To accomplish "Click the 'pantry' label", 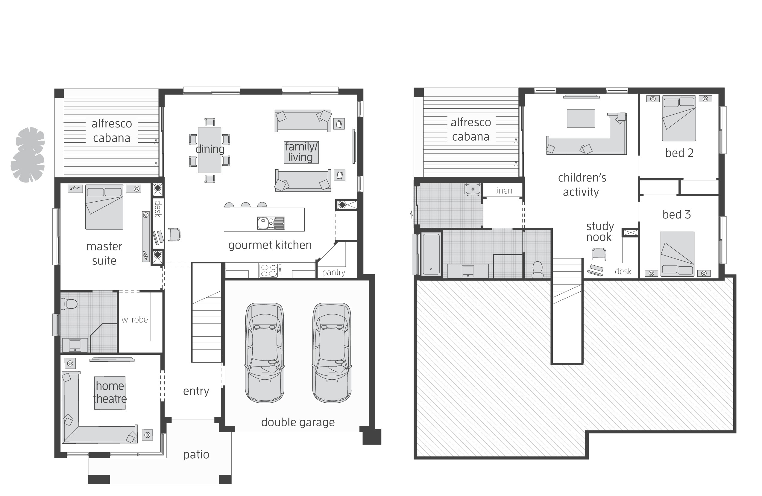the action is (x=334, y=272).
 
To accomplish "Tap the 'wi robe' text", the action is (x=134, y=319).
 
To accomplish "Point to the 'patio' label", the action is (x=196, y=455).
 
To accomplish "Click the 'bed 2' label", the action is (x=679, y=153).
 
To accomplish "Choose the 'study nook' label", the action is (x=600, y=232).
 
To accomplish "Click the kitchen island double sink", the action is (x=271, y=223).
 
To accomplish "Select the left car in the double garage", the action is (x=265, y=353).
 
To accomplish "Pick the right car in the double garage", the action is (x=332, y=353).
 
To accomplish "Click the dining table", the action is (x=210, y=150).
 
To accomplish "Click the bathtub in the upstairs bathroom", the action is (x=431, y=254).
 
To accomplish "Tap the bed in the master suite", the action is (x=104, y=207).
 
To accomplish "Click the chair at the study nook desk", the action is (x=599, y=254).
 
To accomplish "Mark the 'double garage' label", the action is (x=298, y=422).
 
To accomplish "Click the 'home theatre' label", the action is (x=110, y=392).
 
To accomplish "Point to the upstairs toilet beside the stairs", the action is (x=538, y=270).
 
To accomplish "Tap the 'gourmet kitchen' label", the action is (x=270, y=245).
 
